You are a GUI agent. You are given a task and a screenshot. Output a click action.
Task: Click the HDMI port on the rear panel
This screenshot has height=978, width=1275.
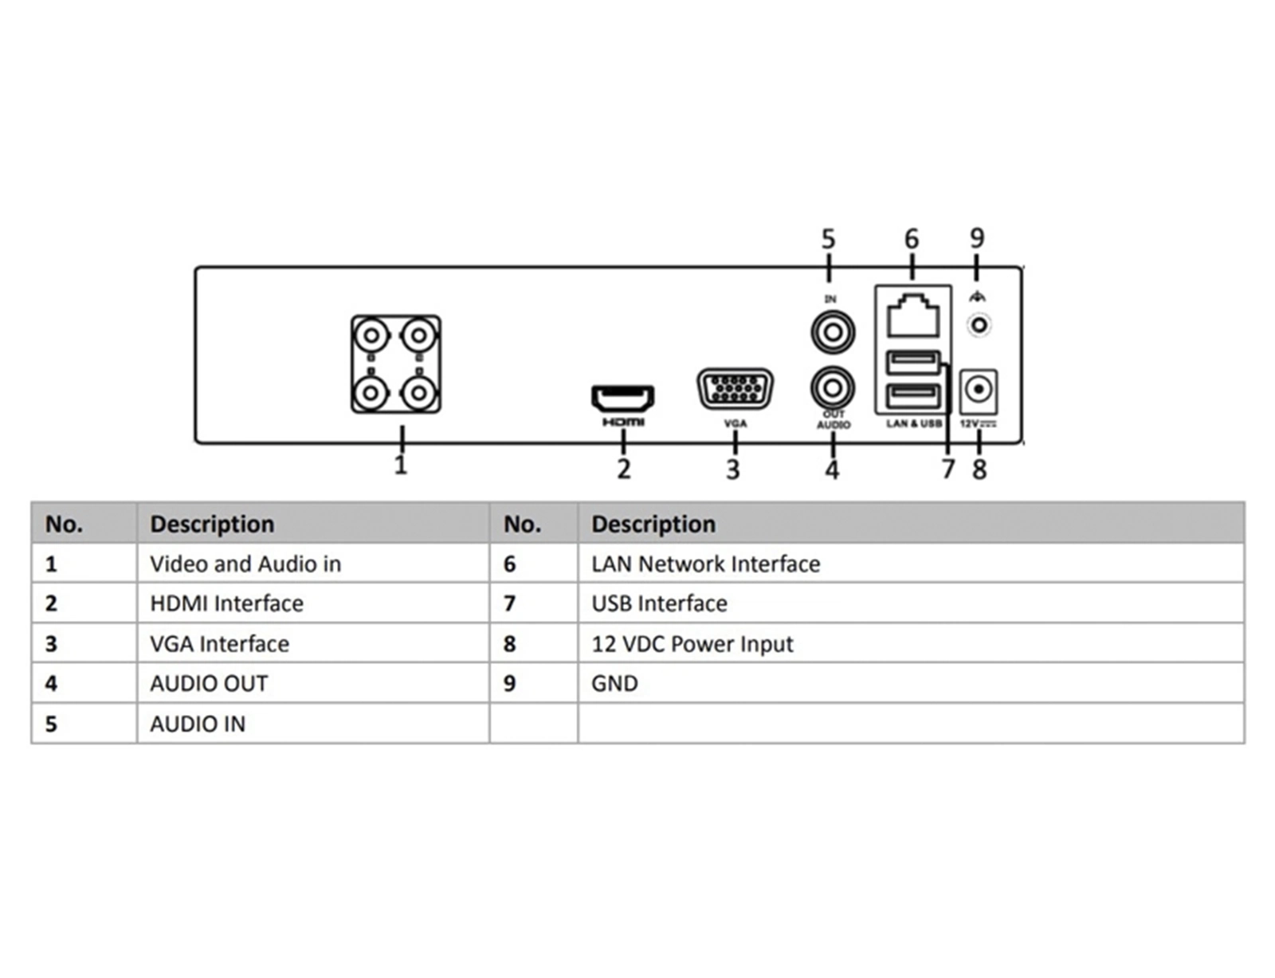point(622,396)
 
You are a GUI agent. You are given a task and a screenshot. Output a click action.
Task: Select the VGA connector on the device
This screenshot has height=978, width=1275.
point(735,389)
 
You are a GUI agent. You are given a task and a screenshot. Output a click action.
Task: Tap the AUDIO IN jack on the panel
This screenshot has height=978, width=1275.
point(833,332)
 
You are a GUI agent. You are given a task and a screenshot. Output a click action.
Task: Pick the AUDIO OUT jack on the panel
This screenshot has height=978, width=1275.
point(833,388)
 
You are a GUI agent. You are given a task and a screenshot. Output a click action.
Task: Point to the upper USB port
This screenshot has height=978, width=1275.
point(913,363)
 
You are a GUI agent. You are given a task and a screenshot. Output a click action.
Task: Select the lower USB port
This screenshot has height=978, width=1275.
point(913,395)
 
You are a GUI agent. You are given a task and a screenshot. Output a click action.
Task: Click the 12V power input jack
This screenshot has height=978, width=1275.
point(979,391)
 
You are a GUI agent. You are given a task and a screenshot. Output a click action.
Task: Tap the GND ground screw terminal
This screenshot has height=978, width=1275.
point(979,325)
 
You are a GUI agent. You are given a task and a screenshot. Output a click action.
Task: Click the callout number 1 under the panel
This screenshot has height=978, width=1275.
point(401,464)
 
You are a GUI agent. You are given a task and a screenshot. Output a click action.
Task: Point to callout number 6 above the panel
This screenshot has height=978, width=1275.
point(912,238)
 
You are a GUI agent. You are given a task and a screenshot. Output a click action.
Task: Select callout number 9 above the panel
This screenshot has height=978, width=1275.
point(977,238)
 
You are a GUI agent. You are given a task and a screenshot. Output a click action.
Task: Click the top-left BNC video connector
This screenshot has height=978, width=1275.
point(371,336)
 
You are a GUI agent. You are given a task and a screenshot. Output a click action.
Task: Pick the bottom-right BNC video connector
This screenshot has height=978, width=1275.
point(418,392)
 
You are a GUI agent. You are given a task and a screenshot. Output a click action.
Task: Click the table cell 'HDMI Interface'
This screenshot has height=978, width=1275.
point(227,603)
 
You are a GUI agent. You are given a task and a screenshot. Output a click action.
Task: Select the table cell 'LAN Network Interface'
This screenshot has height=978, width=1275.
point(705,564)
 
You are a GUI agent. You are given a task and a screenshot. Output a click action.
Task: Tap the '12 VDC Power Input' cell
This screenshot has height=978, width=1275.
point(692,643)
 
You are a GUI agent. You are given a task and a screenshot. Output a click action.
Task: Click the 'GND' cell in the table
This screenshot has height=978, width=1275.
point(614,683)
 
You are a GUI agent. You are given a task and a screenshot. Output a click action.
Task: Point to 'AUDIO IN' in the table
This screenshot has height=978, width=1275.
point(198,724)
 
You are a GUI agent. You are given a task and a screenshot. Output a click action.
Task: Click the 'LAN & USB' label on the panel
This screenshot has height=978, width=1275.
point(914,423)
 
